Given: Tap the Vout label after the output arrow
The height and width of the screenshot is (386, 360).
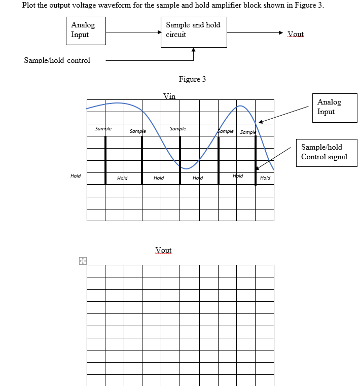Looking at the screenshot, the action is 295,34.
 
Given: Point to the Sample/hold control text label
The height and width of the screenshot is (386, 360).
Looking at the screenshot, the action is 57,60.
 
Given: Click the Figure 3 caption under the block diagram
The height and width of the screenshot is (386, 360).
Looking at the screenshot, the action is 192,79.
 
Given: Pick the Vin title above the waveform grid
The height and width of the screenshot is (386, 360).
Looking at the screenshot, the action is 169,96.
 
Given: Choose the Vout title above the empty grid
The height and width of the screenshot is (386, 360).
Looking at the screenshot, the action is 163,250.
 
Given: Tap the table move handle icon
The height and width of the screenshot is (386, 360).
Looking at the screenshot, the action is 82,261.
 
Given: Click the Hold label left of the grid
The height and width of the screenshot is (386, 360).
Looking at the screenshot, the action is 76,176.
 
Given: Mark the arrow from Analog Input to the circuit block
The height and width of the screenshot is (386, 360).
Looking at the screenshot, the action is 133,32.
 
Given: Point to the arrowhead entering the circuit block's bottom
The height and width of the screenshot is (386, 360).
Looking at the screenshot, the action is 193,50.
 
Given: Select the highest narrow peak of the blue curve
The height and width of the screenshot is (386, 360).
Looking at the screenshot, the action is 241,106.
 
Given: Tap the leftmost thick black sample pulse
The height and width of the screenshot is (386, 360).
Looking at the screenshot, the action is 105,161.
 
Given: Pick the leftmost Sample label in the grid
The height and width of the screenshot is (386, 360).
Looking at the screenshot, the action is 103,129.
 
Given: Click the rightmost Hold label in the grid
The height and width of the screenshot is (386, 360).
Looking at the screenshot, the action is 265,178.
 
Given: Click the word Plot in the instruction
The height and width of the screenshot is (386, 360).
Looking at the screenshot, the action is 30,5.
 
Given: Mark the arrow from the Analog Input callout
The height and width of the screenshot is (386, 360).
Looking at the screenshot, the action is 284,114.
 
